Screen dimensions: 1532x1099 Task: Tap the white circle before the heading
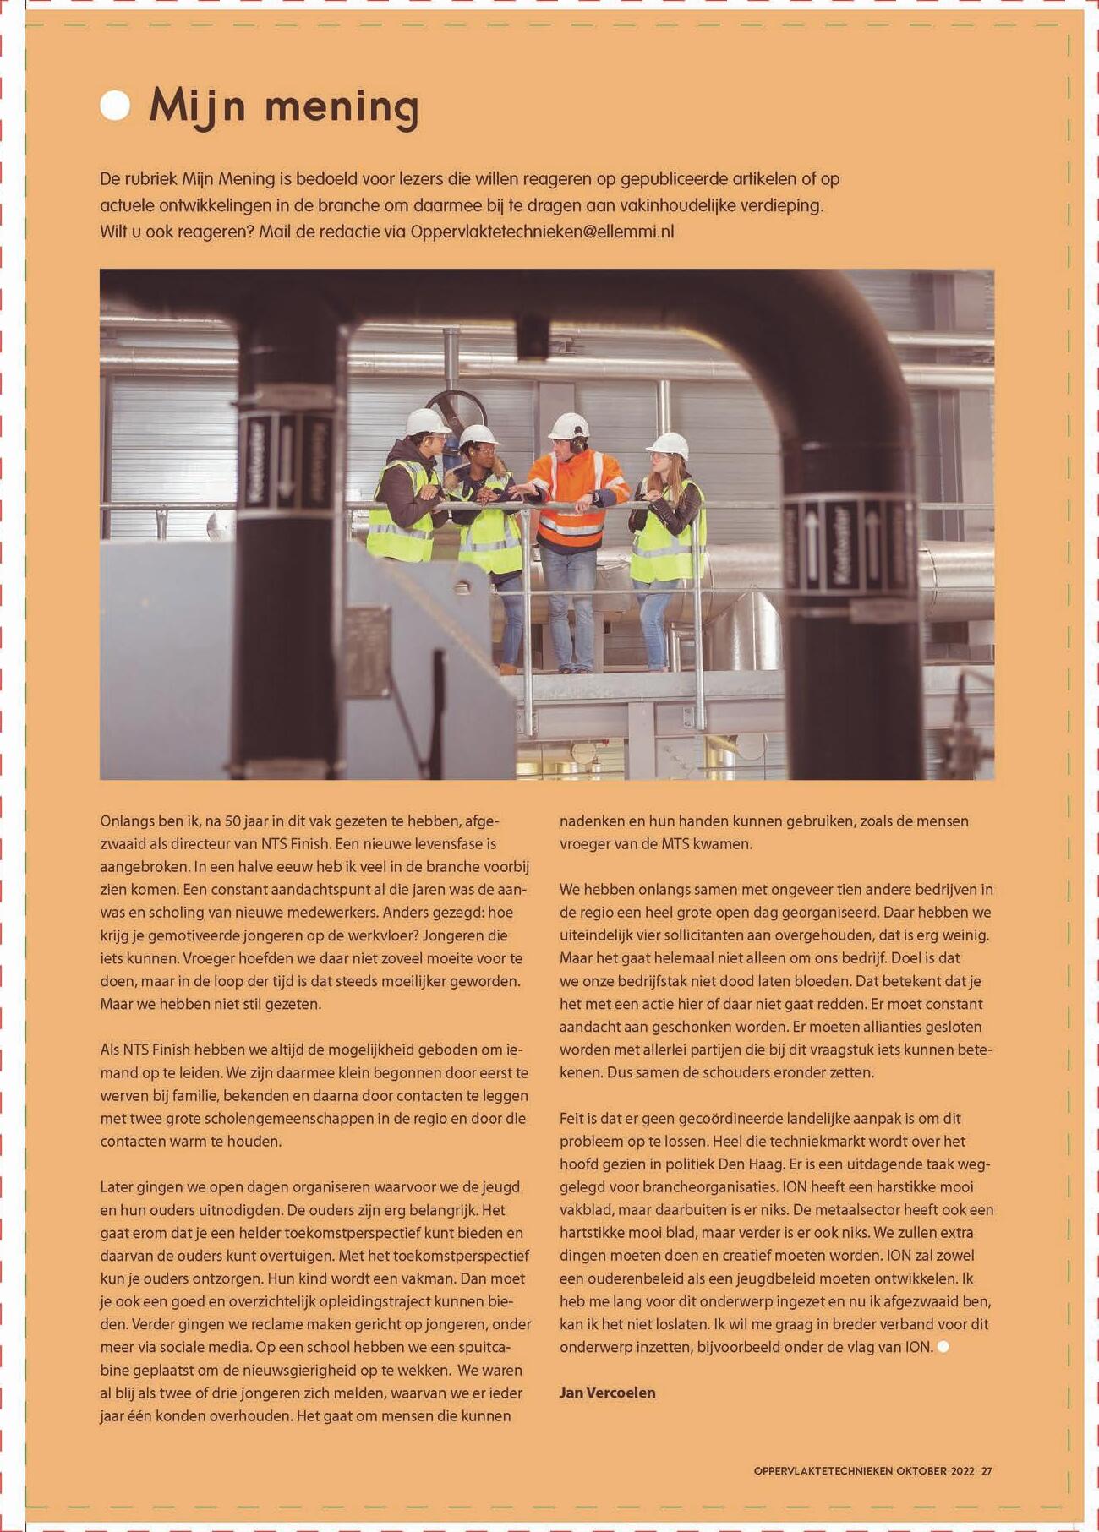[x=115, y=106]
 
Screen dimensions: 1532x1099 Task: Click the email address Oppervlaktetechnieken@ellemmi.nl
[x=542, y=232]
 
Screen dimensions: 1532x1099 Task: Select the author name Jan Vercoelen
[x=607, y=1393]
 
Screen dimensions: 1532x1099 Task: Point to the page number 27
[x=987, y=1471]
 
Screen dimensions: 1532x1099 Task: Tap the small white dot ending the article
[x=943, y=1347]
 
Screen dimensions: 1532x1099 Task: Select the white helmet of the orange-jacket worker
[x=569, y=426]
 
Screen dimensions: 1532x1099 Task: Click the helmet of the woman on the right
[x=669, y=444]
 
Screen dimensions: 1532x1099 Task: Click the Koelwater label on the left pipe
[x=255, y=461]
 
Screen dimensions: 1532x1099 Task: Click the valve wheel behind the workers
[x=457, y=410]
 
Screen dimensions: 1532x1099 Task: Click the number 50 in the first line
[x=233, y=821]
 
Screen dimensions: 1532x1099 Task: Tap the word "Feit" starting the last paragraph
[x=572, y=1118]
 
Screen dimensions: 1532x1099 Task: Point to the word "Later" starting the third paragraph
[x=118, y=1187]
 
